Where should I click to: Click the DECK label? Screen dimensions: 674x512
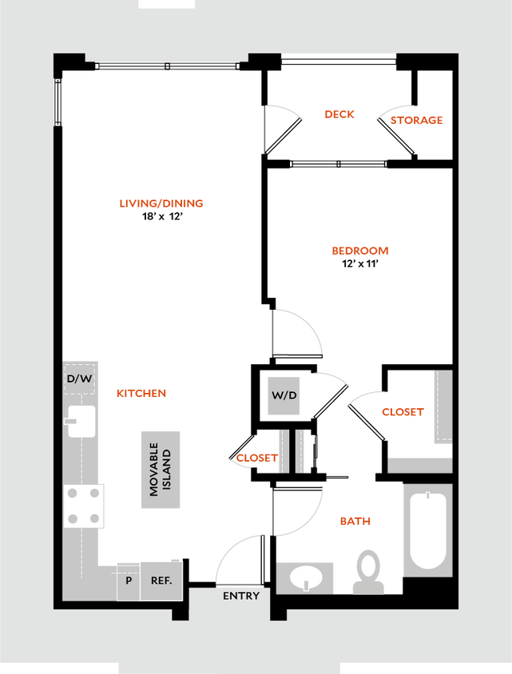coord(339,114)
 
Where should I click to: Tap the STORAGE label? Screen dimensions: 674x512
coord(416,121)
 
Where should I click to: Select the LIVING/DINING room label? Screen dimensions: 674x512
coord(161,204)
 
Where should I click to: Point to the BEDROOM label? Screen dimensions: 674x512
coord(359,251)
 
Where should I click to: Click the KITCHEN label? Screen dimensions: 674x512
coord(141,394)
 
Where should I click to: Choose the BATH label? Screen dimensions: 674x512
coord(355,521)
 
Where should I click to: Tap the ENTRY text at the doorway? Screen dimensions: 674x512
coord(240,596)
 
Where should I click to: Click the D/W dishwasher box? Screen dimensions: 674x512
coord(79,379)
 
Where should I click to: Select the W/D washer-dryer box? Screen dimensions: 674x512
coord(284,395)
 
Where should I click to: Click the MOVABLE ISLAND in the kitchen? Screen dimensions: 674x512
coord(161,470)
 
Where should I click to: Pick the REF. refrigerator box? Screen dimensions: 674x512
coord(161,581)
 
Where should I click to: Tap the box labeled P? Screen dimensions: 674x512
coord(128,581)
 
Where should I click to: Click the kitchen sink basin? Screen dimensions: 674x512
coord(81,422)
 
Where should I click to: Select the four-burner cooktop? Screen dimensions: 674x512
coord(84,506)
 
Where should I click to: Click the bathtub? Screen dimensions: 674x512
coord(427,529)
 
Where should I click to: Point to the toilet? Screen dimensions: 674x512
coord(368,570)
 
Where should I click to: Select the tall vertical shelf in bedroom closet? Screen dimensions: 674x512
coord(443,407)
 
